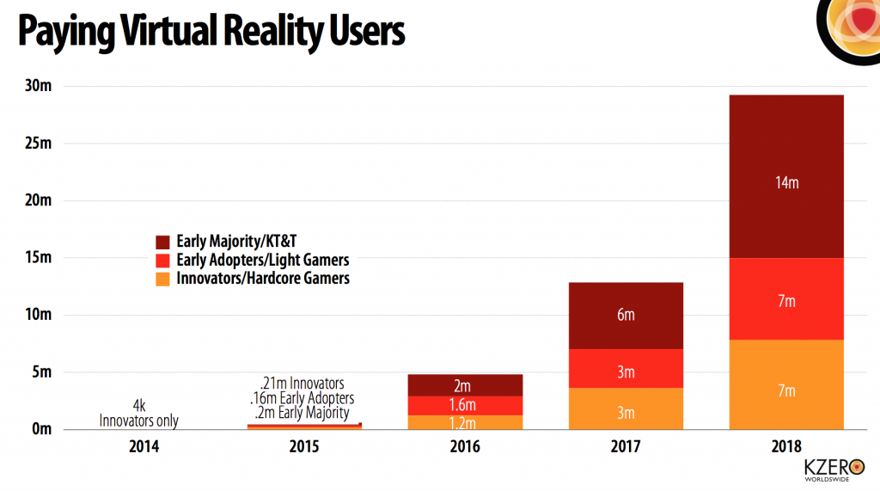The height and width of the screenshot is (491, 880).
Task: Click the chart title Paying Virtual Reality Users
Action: (x=211, y=32)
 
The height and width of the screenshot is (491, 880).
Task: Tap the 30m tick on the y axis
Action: (x=38, y=86)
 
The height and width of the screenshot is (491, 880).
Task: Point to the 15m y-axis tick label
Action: (x=38, y=257)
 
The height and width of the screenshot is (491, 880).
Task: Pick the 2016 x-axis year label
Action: (x=464, y=447)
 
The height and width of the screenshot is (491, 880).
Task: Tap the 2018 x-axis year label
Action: (x=786, y=447)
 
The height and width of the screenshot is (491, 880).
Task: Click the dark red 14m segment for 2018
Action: (x=786, y=181)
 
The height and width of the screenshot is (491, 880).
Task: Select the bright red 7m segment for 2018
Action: (x=786, y=298)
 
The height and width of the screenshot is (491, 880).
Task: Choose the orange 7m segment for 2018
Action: (x=786, y=390)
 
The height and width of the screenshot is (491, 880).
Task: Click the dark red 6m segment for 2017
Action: (x=625, y=315)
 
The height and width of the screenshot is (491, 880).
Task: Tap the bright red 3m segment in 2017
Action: (x=625, y=371)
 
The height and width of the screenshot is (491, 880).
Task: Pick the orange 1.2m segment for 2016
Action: (x=464, y=421)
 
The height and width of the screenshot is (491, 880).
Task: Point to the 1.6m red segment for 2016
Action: (x=464, y=405)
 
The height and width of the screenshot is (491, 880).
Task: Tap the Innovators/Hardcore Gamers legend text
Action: (x=262, y=279)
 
